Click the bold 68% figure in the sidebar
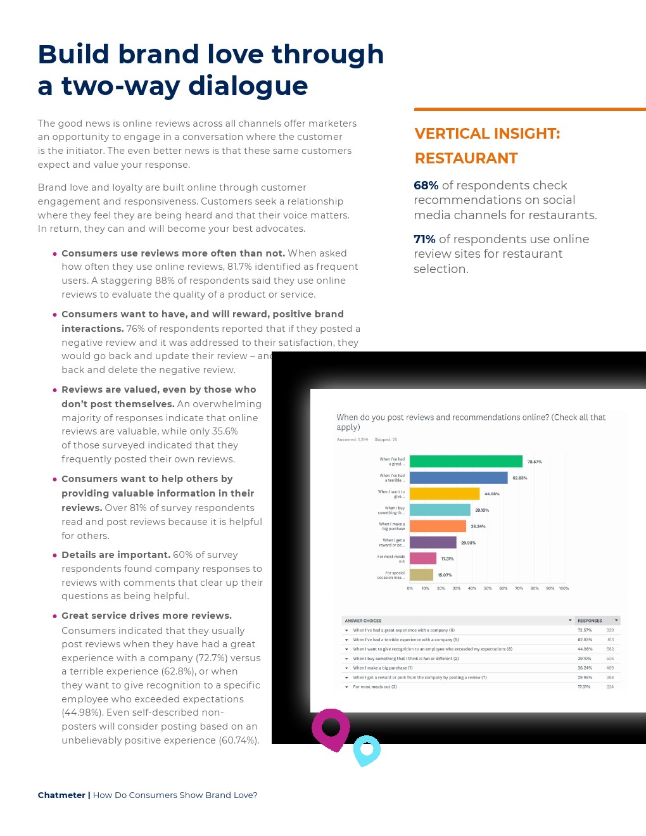426,186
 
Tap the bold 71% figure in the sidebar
424,239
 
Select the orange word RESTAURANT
466,158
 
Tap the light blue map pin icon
366,750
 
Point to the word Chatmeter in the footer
61,795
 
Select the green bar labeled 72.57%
465,462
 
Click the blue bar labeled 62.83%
459,478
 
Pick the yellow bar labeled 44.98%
445,493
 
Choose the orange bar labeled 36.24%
438,526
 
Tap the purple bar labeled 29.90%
433,543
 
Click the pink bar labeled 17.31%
423,559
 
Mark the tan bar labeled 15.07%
421,575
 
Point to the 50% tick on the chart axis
488,588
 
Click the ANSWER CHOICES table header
364,621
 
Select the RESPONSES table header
590,621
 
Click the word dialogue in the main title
248,86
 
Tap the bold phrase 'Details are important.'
116,555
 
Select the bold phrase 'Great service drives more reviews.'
146,616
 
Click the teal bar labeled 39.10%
440,510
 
